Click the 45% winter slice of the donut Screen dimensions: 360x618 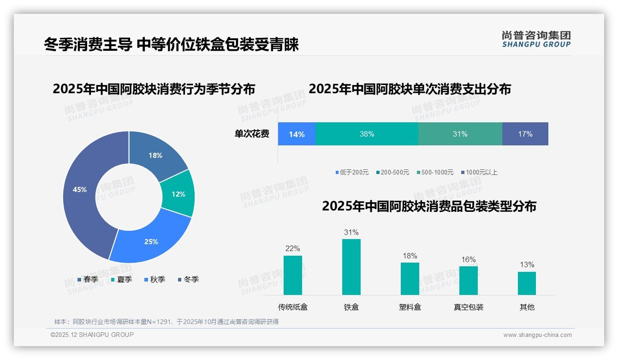[x=81, y=194]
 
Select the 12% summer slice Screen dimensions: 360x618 [x=178, y=194]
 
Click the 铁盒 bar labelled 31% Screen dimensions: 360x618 [x=351, y=268]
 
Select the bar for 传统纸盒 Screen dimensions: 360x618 [x=293, y=276]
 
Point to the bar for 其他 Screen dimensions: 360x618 [x=527, y=283]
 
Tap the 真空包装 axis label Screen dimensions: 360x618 [x=469, y=307]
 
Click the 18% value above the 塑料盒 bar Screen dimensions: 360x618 [x=410, y=256]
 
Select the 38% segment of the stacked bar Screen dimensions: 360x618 [x=367, y=134]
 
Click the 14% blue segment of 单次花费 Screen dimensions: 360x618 [x=297, y=134]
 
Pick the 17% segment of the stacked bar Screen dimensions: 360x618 [x=525, y=134]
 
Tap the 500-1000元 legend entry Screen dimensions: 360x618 [x=435, y=172]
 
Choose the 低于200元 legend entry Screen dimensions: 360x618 [x=352, y=172]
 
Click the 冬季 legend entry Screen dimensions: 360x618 [x=188, y=279]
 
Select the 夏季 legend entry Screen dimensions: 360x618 [x=122, y=279]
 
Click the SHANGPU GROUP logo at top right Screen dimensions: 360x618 [x=536, y=39]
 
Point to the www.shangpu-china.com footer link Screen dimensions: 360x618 [x=537, y=335]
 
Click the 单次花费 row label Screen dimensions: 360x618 [x=252, y=134]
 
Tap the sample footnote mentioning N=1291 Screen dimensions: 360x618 [x=166, y=322]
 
